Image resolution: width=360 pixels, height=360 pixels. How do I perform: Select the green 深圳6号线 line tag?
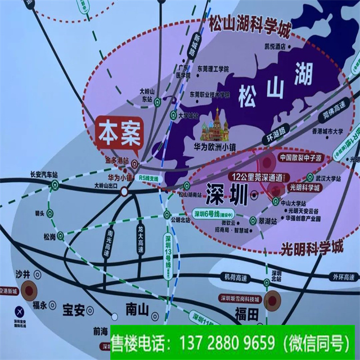(214, 214)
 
